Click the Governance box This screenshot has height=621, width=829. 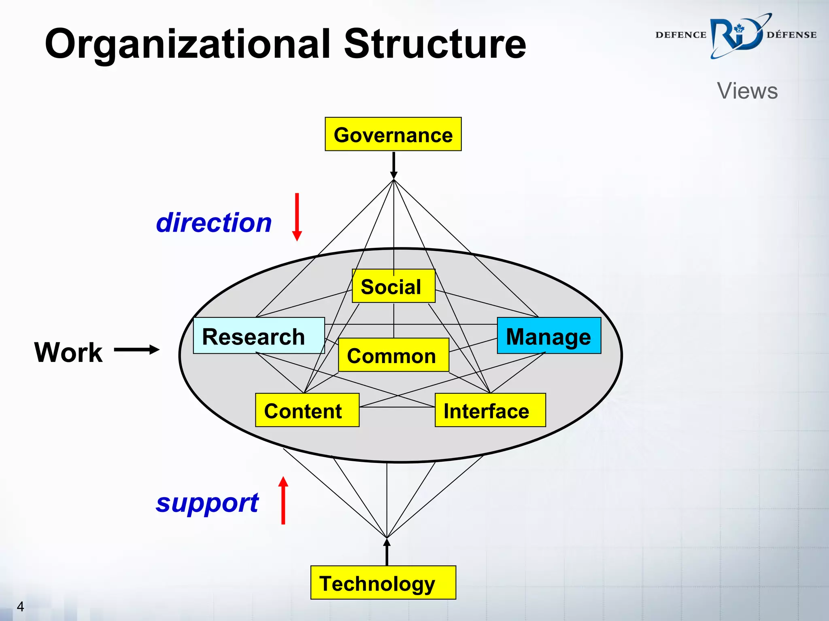393,134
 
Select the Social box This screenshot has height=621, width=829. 393,286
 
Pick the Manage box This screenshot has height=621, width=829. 548,336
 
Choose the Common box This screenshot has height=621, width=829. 393,355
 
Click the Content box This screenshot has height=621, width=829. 307,410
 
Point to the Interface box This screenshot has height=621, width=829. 490,410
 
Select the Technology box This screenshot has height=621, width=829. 383,583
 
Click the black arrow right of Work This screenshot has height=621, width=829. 137,350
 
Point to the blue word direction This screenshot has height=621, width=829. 214,223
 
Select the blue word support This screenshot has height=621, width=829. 207,503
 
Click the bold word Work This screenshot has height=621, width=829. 68,352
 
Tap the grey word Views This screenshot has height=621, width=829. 747,91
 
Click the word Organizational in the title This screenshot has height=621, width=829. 188,44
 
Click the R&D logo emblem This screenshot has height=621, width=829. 736,36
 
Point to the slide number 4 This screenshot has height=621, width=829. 20,606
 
